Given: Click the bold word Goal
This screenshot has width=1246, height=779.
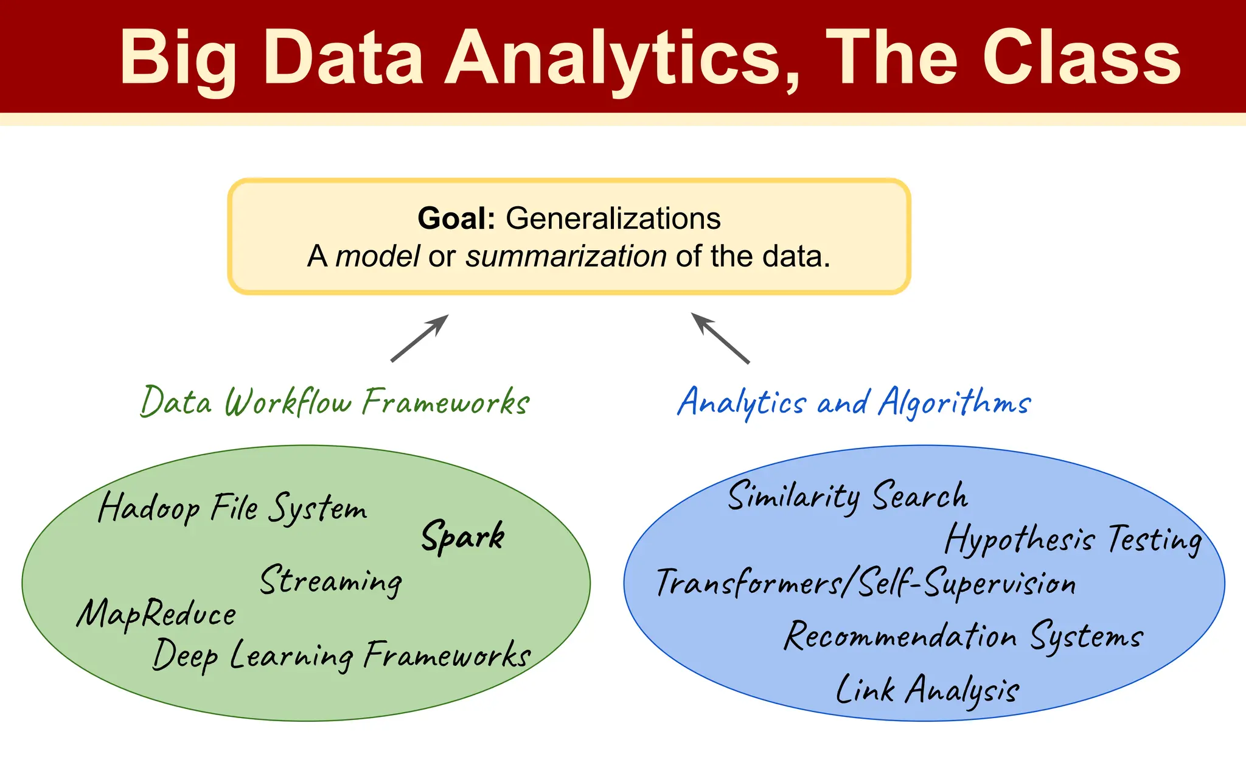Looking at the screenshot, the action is pyautogui.click(x=456, y=218).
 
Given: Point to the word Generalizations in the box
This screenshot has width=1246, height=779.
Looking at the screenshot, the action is pyautogui.click(x=613, y=218).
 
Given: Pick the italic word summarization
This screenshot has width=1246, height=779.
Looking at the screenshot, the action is pyautogui.click(x=566, y=256).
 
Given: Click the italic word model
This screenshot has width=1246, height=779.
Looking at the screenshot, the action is pyautogui.click(x=377, y=256).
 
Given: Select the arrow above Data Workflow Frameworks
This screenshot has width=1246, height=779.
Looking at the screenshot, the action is pyautogui.click(x=419, y=338).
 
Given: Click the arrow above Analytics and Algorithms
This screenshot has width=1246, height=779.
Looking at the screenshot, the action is pyautogui.click(x=720, y=338).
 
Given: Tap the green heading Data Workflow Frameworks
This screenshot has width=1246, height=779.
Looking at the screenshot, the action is pyautogui.click(x=335, y=402).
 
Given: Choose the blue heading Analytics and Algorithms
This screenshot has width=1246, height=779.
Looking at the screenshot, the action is pyautogui.click(x=854, y=402).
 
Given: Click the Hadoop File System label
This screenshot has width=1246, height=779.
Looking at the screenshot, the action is pyautogui.click(x=232, y=508).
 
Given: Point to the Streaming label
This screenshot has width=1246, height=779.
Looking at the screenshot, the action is pyautogui.click(x=331, y=580).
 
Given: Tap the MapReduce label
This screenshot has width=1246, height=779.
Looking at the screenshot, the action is pyautogui.click(x=156, y=613).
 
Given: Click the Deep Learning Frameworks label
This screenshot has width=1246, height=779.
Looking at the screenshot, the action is pyautogui.click(x=341, y=655).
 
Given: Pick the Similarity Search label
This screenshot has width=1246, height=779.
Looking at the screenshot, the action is pyautogui.click(x=847, y=496).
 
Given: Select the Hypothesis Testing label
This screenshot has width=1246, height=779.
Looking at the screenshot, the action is pyautogui.click(x=1073, y=539).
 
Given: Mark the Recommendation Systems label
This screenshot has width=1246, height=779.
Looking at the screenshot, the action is pyautogui.click(x=964, y=637).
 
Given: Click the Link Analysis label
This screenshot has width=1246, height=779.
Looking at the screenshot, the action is pyautogui.click(x=927, y=690).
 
